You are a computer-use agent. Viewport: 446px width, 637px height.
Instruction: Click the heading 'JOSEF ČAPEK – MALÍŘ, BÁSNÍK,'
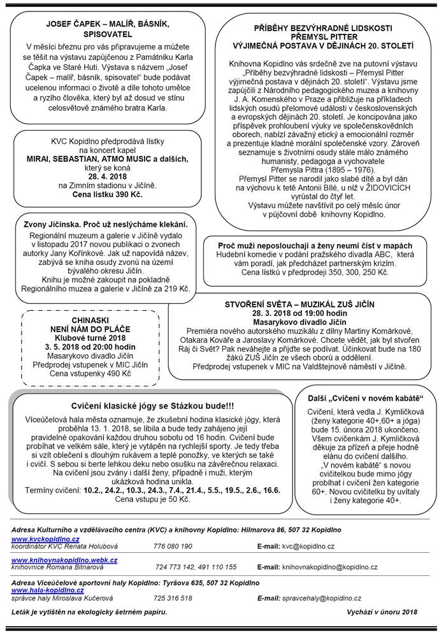pos(106,24)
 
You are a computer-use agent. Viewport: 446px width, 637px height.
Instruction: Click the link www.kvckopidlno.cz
pos(36,538)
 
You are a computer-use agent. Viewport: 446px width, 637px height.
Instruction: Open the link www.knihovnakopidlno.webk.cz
pos(64,559)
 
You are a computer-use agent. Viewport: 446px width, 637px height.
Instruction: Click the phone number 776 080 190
pos(173,546)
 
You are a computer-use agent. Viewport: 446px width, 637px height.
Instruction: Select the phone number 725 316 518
pos(173,598)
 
